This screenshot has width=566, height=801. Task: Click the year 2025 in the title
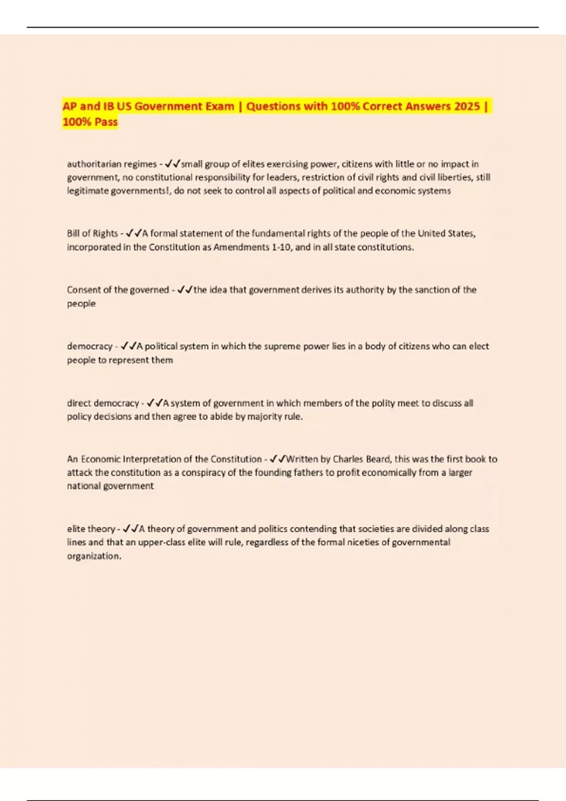tap(467, 106)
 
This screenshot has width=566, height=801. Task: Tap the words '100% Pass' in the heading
tap(90, 122)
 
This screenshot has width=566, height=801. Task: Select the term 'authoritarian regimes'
tap(112, 164)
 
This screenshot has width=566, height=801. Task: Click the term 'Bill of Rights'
tap(92, 233)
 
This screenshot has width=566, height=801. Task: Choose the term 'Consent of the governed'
tap(118, 290)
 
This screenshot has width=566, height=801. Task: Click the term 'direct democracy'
tap(103, 403)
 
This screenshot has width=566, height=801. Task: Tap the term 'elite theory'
tap(91, 529)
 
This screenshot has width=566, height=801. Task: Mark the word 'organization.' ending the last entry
tap(94, 556)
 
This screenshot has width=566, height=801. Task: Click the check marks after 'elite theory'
tap(131, 529)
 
